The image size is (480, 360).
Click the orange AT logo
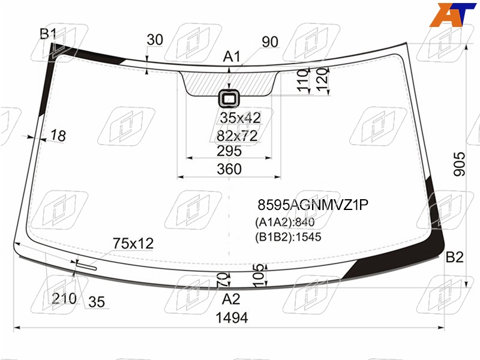tap(452, 14)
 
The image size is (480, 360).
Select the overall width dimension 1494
tap(232, 318)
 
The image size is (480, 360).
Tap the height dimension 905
tap(459, 164)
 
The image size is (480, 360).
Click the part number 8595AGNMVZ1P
tap(313, 205)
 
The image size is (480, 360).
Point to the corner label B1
tap(48, 34)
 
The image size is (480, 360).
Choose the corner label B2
tap(454, 257)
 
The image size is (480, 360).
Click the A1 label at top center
tap(232, 56)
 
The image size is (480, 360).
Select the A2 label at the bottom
tap(231, 299)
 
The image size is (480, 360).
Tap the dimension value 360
tap(229, 169)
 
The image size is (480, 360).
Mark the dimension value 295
tap(229, 151)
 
